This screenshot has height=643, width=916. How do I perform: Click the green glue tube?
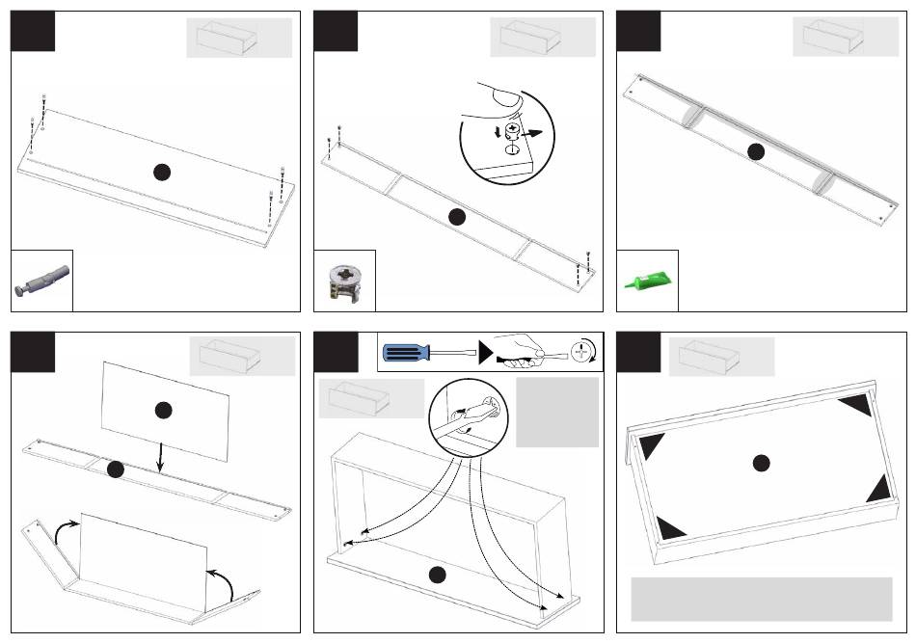[x=648, y=281]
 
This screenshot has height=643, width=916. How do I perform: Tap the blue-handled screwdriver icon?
[x=425, y=351]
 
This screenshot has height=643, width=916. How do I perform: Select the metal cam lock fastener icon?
[x=344, y=284]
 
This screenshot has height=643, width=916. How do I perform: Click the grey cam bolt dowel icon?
[x=41, y=281]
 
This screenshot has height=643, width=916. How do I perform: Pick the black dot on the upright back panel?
[x=162, y=410]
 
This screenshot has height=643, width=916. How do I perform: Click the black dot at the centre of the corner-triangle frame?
[x=761, y=464]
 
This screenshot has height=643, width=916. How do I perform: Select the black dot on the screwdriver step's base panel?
[x=437, y=576]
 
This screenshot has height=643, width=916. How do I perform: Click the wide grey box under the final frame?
[x=761, y=599]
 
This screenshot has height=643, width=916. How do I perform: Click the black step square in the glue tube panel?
[x=638, y=31]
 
